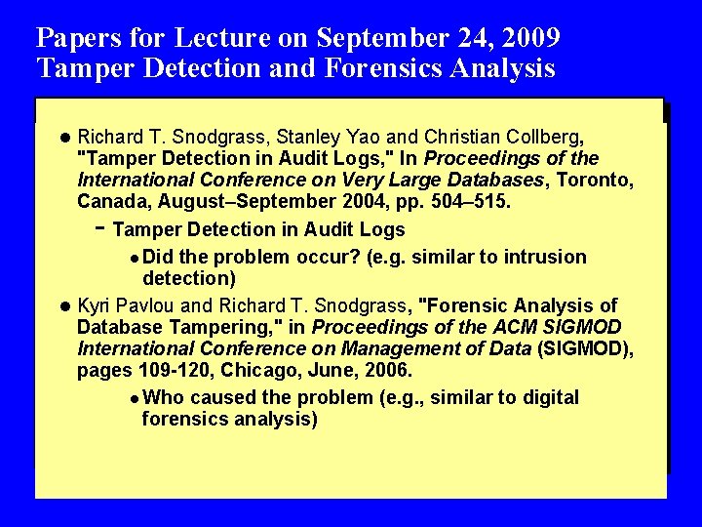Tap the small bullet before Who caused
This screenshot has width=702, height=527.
click(133, 398)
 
